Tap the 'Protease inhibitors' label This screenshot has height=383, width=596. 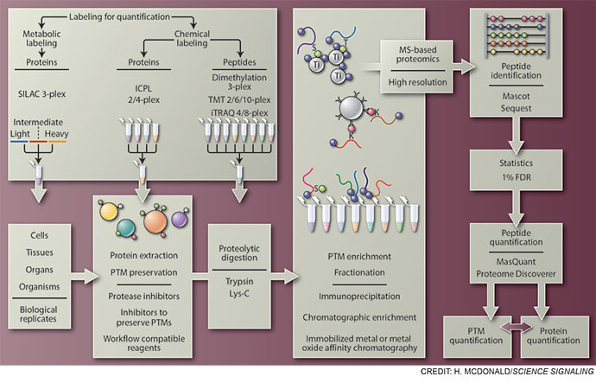coord(143,293)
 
